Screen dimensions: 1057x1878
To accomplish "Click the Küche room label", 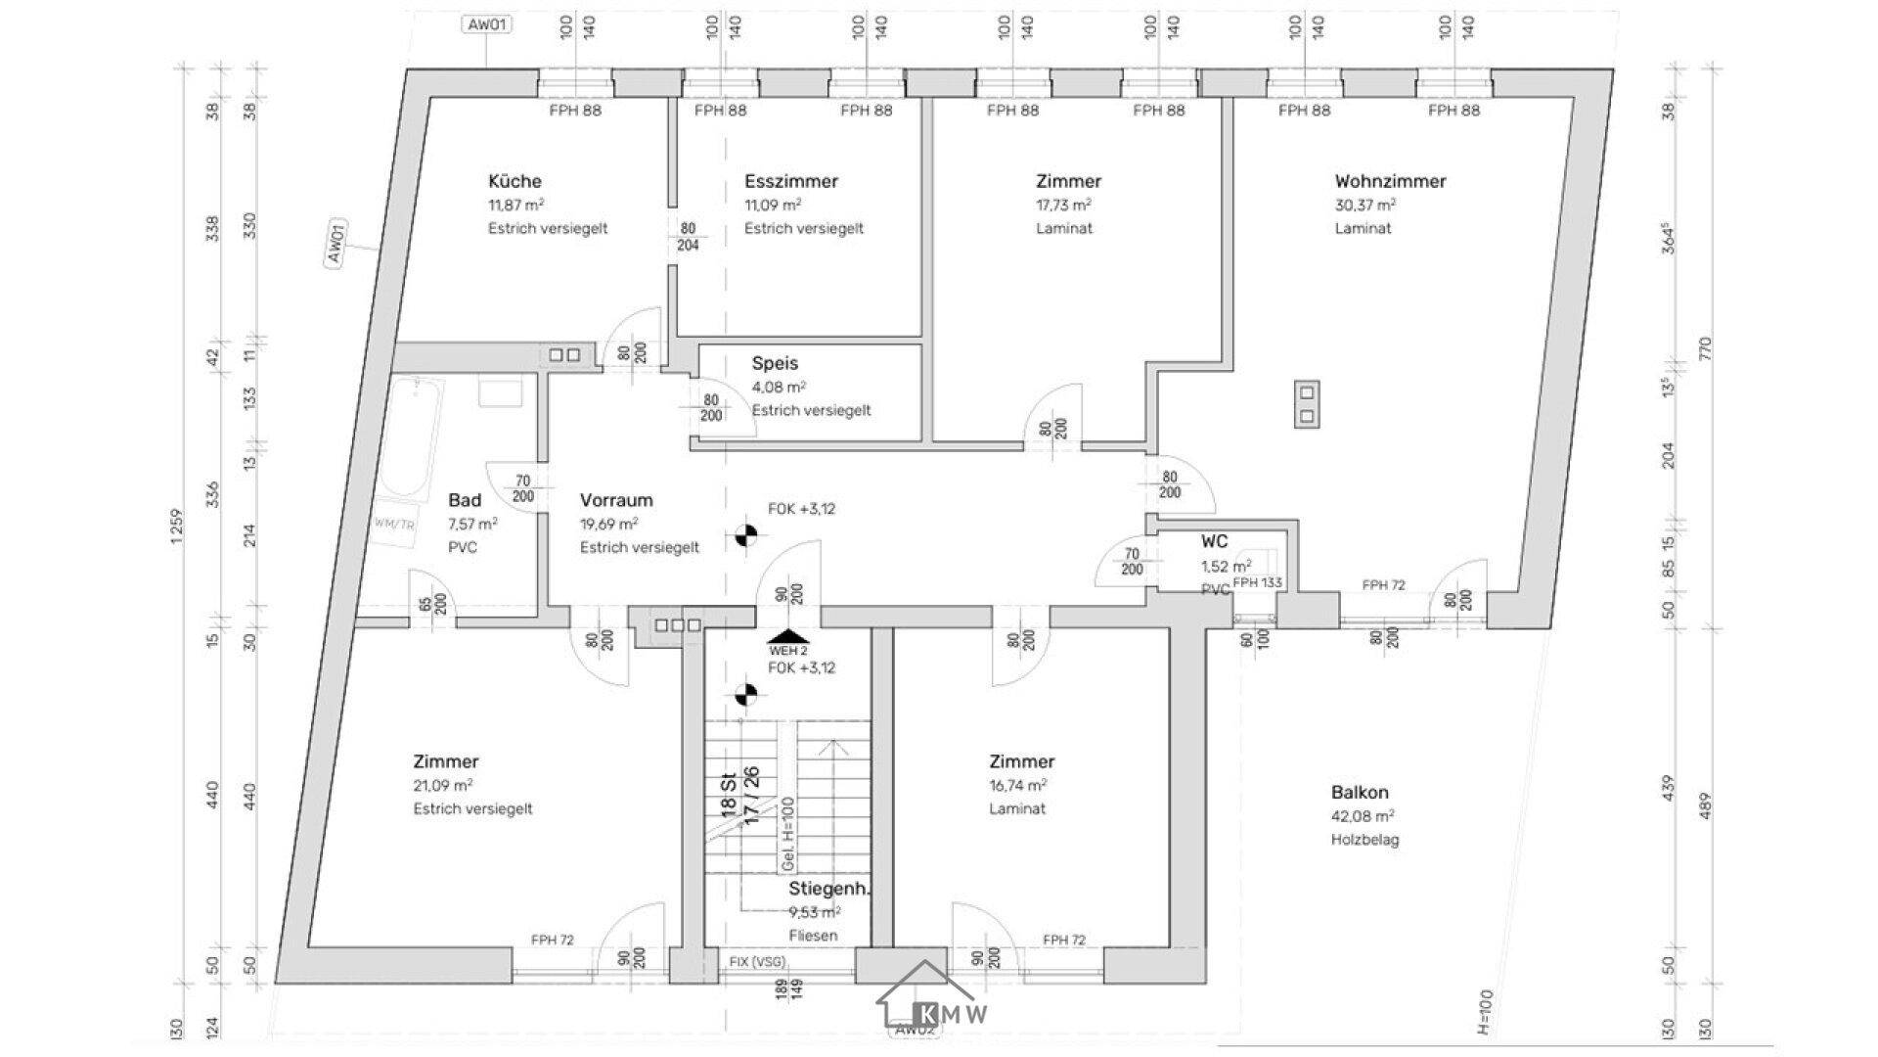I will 514,181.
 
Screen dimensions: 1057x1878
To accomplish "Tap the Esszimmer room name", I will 790,181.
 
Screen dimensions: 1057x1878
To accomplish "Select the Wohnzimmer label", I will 1390,181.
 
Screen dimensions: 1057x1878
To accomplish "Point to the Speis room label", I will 775,363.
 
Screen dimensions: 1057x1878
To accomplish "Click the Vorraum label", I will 615,500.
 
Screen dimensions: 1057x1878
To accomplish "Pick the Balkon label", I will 1360,793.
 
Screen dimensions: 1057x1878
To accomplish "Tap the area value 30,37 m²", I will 1364,205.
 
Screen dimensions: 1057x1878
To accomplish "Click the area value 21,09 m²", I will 443,785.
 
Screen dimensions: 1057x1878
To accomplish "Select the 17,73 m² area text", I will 1063,205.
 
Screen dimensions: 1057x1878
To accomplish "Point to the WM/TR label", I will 394,525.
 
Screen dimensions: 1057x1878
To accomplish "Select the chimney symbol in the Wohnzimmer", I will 1307,403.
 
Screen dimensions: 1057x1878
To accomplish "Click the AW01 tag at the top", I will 486,25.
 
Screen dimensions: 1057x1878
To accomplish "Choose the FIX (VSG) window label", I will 757,962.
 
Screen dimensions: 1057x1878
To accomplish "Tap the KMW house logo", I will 929,1008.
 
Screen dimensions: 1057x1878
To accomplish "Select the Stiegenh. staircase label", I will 829,890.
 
